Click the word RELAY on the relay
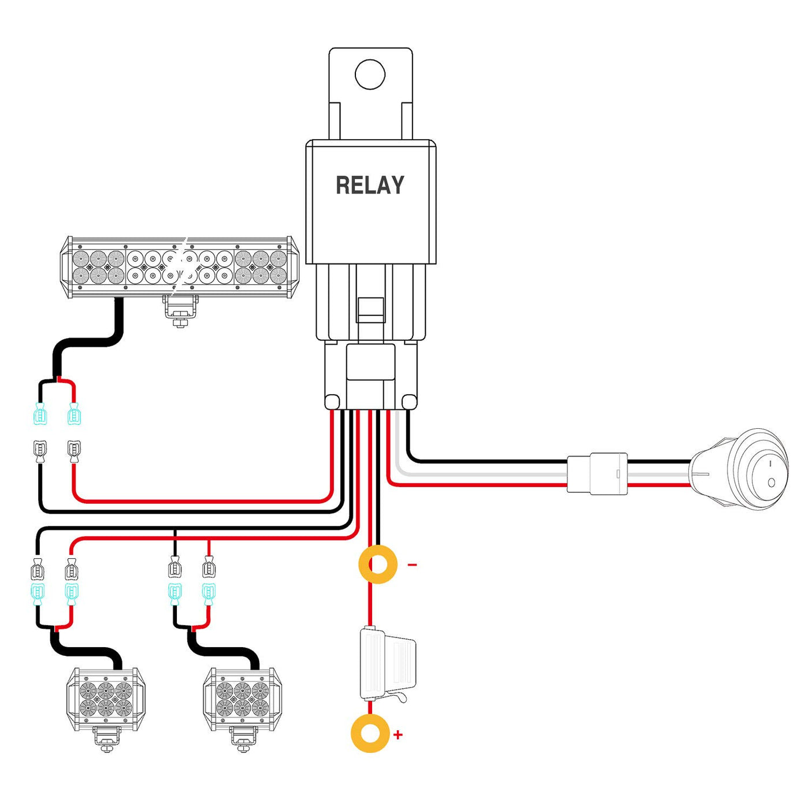[370, 185]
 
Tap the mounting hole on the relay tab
[370, 74]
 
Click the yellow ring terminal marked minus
[378, 564]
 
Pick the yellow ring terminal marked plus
[370, 733]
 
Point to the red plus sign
[398, 735]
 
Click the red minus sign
[412, 565]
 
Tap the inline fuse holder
[385, 665]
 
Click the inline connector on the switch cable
[597, 473]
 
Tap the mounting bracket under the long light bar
[180, 310]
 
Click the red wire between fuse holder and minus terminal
[370, 604]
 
